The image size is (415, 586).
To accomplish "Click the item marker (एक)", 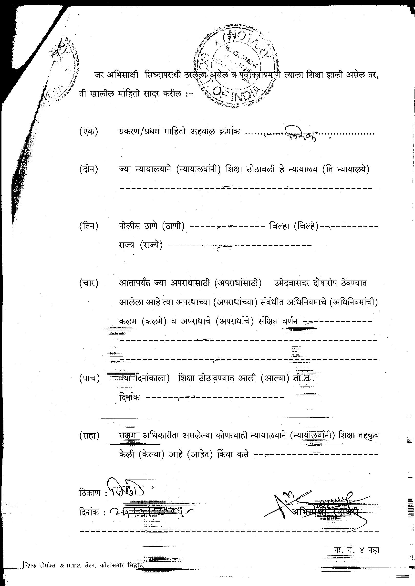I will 88,132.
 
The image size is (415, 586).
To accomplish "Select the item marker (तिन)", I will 89,226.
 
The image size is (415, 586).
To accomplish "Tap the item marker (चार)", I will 89,283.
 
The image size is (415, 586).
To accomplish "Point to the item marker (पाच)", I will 89,379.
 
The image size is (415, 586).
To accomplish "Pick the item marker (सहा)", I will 89,436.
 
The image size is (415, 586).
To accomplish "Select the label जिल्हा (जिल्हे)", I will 294,226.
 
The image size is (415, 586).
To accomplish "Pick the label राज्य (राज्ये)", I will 141,245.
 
